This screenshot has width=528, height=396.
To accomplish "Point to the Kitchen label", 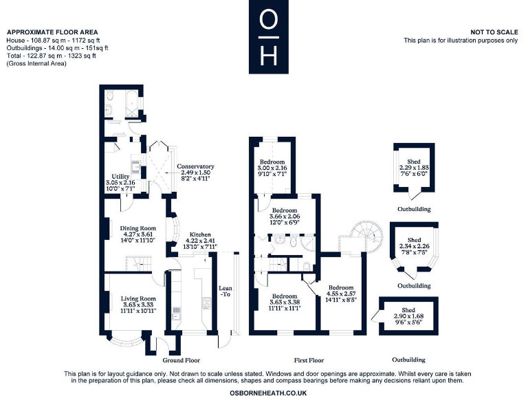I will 201,234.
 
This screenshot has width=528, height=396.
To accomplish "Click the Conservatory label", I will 195,166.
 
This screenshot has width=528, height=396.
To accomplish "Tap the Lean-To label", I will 225,291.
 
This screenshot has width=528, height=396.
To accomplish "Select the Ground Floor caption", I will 181,360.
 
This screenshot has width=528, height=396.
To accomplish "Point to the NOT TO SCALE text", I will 494,32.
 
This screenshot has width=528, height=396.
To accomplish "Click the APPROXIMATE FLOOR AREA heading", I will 52,32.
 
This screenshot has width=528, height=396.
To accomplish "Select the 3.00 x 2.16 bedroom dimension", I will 272,168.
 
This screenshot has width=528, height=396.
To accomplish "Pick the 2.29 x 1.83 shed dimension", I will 414,167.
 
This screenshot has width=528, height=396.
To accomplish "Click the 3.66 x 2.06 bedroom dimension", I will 283,217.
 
